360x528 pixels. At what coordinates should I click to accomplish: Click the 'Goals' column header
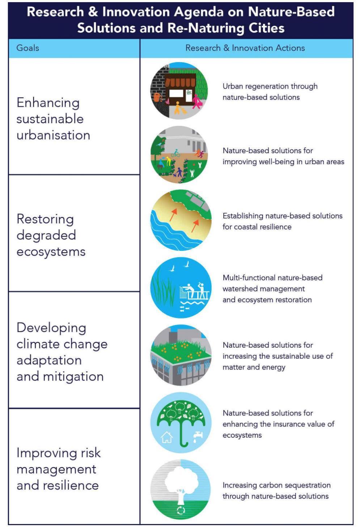click(x=27, y=48)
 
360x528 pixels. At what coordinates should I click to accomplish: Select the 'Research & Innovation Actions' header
click(x=245, y=48)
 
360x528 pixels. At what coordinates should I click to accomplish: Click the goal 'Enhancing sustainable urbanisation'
click(x=53, y=119)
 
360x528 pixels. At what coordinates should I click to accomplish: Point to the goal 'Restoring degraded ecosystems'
click(x=51, y=235)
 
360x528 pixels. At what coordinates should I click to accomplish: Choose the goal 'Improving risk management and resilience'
click(x=59, y=469)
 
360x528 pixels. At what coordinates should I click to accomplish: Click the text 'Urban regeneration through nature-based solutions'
click(x=270, y=92)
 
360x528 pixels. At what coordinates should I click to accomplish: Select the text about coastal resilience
click(x=283, y=221)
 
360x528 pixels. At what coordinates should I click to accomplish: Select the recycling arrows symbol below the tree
click(x=181, y=511)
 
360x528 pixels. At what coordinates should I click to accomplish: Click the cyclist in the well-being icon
click(x=175, y=153)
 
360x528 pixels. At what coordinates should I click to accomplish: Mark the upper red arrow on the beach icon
click(x=173, y=215)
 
